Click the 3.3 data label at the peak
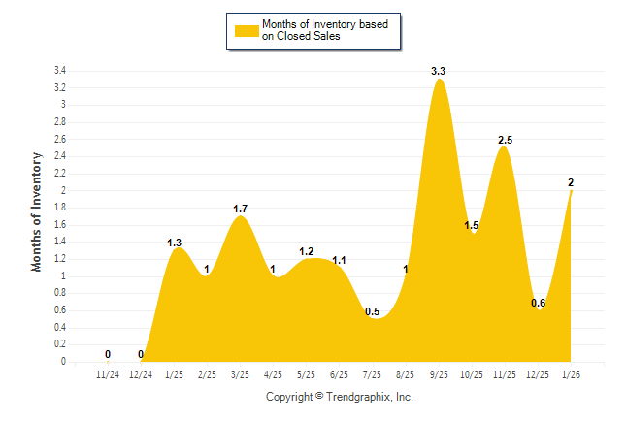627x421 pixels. tap(439, 72)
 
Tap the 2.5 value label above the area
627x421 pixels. tap(505, 141)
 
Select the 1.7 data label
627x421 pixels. tap(241, 209)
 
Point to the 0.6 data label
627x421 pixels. tap(538, 303)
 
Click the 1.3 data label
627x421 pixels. tap(175, 243)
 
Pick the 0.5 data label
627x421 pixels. tap(373, 311)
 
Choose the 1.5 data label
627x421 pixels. tap(472, 226)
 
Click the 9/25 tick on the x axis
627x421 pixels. tap(439, 373)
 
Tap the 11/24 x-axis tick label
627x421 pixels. tap(108, 373)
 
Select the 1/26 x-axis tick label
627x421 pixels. tap(571, 373)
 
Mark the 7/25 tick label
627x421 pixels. tap(373, 373)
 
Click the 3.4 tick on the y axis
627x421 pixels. tap(59, 71)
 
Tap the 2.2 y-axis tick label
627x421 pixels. tap(59, 174)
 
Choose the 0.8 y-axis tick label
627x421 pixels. tap(59, 293)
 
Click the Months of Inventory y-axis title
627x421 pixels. tap(37, 210)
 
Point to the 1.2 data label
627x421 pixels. tap(307, 251)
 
